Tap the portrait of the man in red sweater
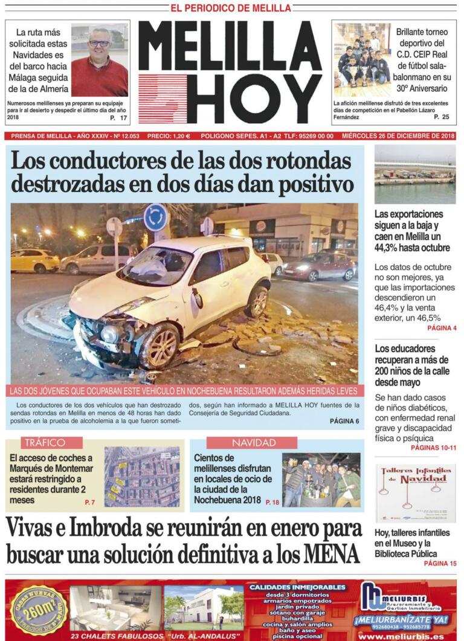(x=99, y=60)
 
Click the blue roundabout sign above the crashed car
(x=155, y=217)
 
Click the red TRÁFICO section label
(x=52, y=443)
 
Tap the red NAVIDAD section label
(x=252, y=443)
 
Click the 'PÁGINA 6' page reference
(x=344, y=420)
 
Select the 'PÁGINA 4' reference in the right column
(x=442, y=328)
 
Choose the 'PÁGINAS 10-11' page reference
(x=433, y=448)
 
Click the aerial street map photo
(x=142, y=477)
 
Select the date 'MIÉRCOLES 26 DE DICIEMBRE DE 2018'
(x=398, y=136)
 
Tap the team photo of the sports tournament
(x=362, y=60)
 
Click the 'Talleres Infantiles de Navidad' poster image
(x=416, y=492)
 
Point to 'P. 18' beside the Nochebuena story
(x=272, y=502)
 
